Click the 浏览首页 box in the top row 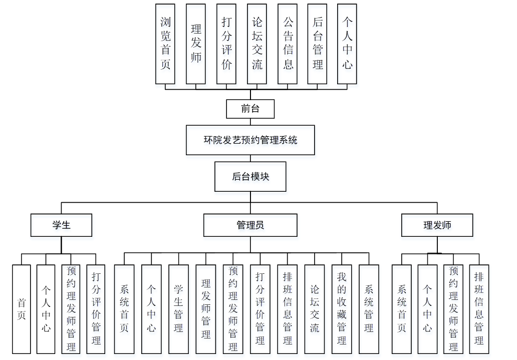(x=165, y=44)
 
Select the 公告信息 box (x=288, y=44)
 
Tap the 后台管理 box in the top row (x=318, y=44)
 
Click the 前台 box (x=250, y=109)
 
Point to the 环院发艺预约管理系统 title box (x=250, y=140)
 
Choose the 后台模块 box (x=250, y=176)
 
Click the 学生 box (x=61, y=225)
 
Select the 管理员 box (x=250, y=225)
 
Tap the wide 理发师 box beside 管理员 (x=437, y=225)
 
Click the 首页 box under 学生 (x=22, y=309)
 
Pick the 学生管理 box (x=178, y=309)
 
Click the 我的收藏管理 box (x=342, y=309)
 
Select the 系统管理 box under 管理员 (x=369, y=309)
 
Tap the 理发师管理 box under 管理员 (x=205, y=309)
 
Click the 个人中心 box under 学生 (x=46, y=309)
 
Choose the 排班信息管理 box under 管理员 (x=287, y=309)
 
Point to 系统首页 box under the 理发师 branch (x=402, y=309)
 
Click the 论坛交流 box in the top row (x=257, y=44)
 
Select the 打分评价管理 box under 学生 (x=96, y=309)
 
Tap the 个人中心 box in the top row (x=347, y=44)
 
